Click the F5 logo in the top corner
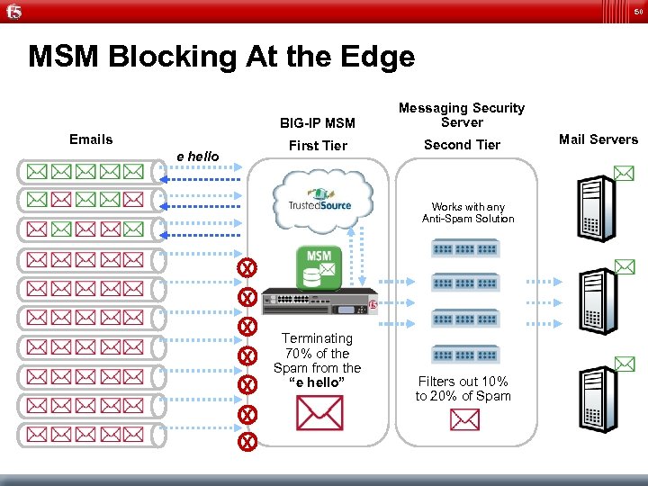click(x=13, y=12)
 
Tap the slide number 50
click(x=637, y=11)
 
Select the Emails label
click(x=91, y=139)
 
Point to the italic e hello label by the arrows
click(x=198, y=156)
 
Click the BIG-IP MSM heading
click(x=318, y=123)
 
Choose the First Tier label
click(x=318, y=145)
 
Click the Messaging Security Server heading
click(x=462, y=114)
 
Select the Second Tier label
click(x=462, y=145)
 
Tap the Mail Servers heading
click(x=598, y=139)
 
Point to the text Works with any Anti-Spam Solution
click(x=468, y=212)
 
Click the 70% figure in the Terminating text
click(x=297, y=353)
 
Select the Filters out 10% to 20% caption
click(x=463, y=389)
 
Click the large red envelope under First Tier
click(x=319, y=414)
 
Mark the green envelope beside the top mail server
click(x=624, y=173)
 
